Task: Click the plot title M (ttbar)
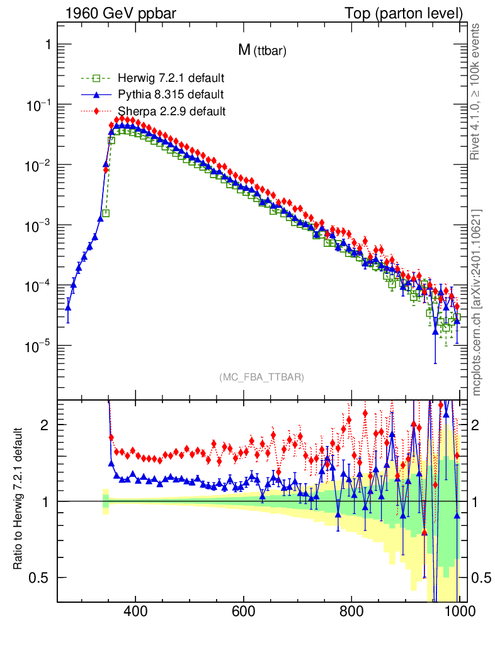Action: tap(262, 51)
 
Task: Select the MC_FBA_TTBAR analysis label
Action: tap(262, 377)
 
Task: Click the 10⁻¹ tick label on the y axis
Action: tap(38, 105)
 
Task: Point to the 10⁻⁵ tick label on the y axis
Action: tap(38, 346)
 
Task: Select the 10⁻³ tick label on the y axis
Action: tap(38, 225)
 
